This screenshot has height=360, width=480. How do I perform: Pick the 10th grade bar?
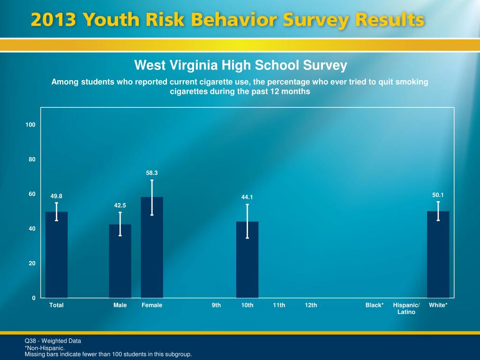coord(247,260)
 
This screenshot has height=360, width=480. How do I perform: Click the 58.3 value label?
coord(152,173)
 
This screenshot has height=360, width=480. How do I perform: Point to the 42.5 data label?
coord(120,205)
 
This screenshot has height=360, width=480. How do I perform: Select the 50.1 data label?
coord(438,195)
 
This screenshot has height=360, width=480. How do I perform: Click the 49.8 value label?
coord(56,196)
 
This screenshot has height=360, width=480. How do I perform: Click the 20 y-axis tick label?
coord(32,263)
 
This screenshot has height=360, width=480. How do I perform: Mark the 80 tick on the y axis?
coord(32,159)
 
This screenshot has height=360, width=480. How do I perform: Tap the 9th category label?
coord(216,305)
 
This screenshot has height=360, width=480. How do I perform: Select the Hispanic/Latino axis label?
coord(406,308)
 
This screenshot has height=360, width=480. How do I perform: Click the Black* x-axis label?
coord(375,305)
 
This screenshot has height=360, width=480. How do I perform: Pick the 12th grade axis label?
coord(311,305)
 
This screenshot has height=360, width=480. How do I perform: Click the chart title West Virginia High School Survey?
coord(240,65)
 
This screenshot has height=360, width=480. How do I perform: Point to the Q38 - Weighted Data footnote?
coord(53,341)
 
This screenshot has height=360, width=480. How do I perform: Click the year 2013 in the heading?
coord(54,21)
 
